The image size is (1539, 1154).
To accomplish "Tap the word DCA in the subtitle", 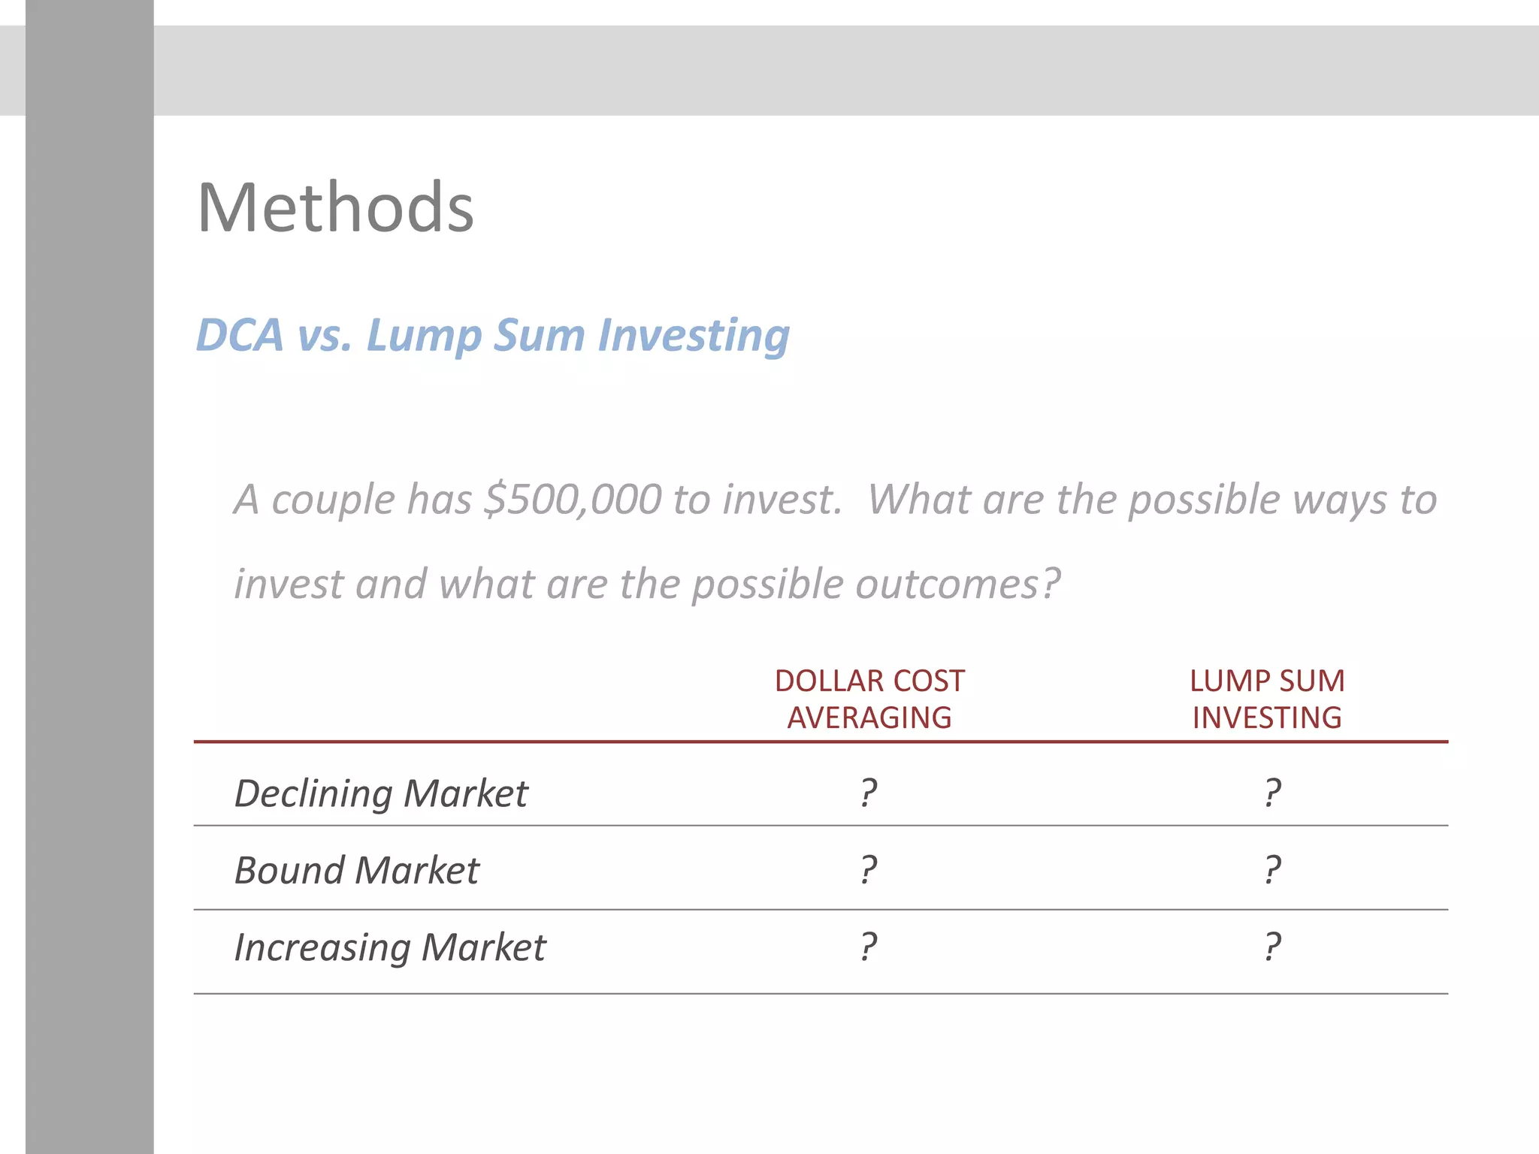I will (x=240, y=335).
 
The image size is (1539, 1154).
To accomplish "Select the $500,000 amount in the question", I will (x=573, y=500).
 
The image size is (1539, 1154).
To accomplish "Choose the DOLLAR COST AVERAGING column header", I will (x=869, y=699).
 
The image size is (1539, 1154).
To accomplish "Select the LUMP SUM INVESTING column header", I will (x=1267, y=699).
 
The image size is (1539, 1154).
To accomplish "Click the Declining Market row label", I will (x=381, y=793).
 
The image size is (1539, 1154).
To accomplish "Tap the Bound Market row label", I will (x=356, y=871).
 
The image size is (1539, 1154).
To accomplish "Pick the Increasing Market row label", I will (x=390, y=947).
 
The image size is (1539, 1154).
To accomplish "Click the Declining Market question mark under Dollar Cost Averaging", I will (x=869, y=793).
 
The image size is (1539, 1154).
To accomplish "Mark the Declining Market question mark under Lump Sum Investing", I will (x=1271, y=793).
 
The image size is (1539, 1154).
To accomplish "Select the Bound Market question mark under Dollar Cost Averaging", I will (x=869, y=870).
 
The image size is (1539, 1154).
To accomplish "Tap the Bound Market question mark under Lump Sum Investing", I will (x=1271, y=870).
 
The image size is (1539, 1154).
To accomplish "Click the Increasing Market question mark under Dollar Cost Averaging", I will (x=869, y=947).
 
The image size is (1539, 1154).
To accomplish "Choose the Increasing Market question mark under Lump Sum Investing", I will (x=1271, y=947).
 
